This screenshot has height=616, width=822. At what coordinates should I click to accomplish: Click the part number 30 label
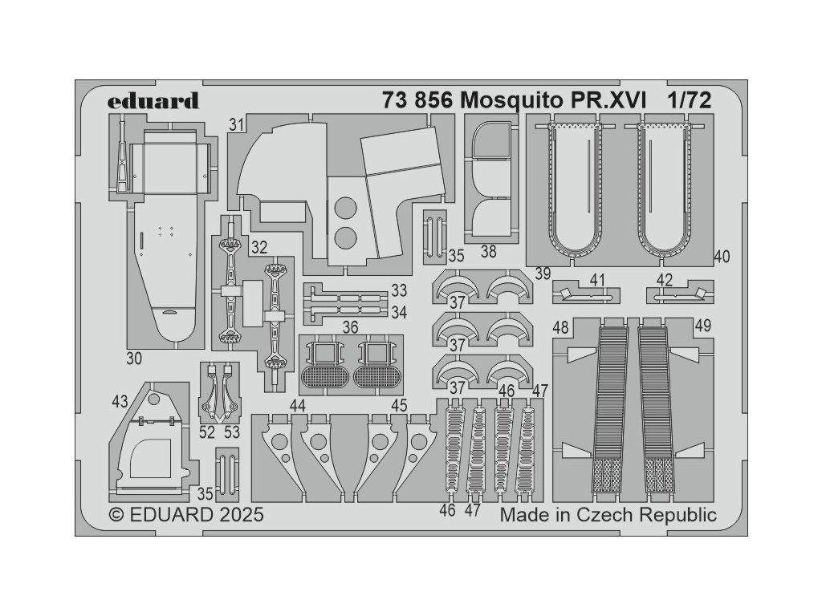(x=135, y=358)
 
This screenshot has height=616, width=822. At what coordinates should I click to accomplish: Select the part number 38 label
(x=489, y=252)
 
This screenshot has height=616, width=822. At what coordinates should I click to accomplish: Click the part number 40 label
(x=721, y=257)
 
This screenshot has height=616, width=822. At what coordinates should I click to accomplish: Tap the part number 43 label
(x=120, y=400)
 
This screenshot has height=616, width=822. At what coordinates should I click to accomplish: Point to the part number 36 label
(x=350, y=327)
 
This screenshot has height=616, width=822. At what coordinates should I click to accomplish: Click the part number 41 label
(x=596, y=280)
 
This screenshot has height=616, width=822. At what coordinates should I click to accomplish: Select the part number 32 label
(x=258, y=247)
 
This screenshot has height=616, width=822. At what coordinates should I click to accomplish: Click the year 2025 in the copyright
(x=237, y=514)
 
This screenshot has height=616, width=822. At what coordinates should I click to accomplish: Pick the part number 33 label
(x=399, y=289)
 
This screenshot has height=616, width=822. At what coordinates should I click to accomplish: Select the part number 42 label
(x=664, y=280)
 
